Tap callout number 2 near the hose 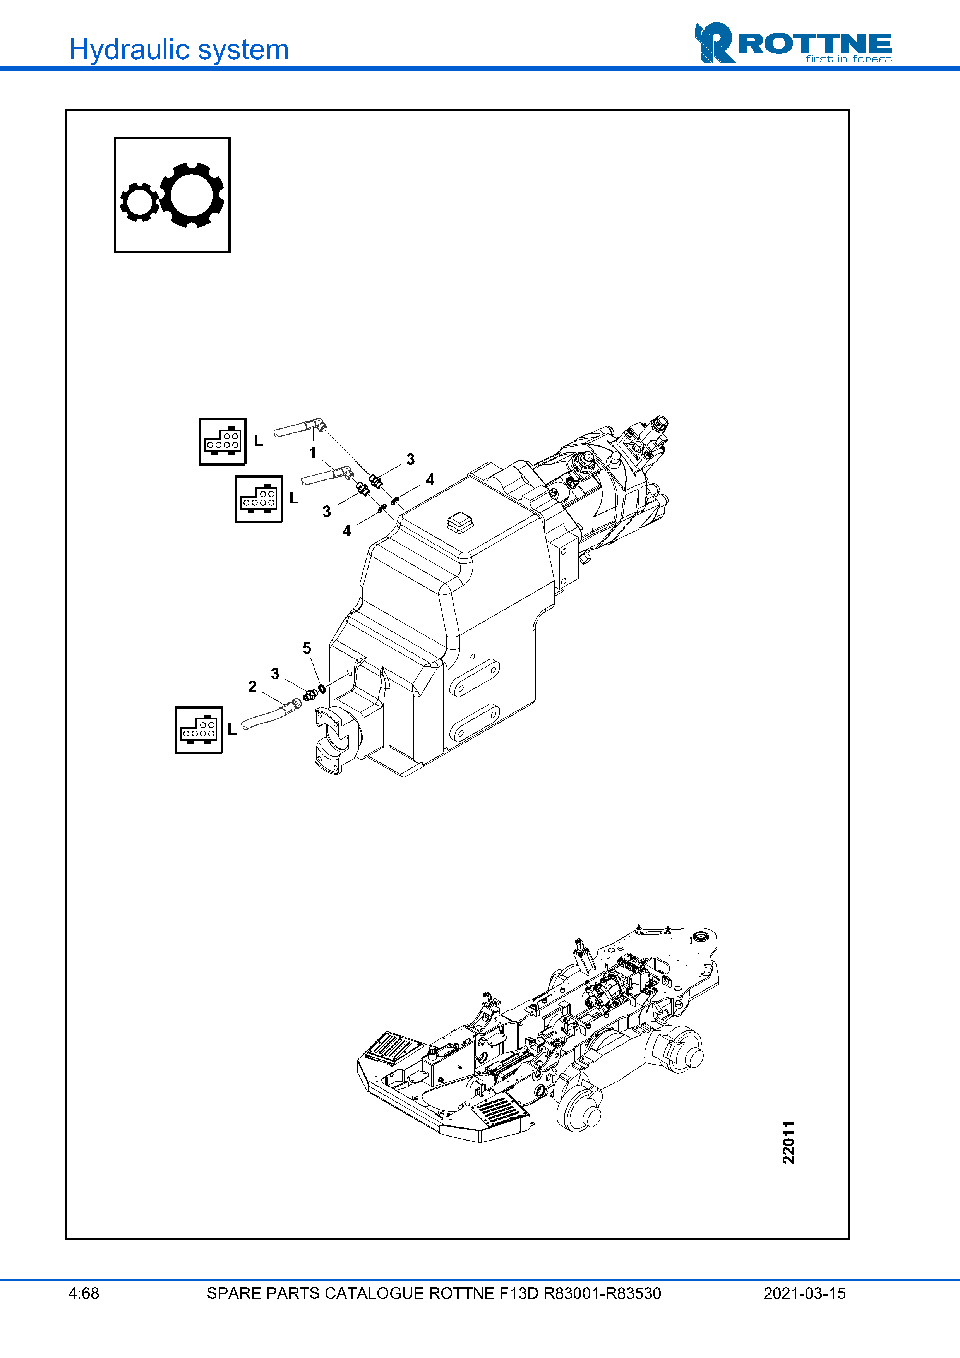[252, 687]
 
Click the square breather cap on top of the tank [459, 522]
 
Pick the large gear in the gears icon [192, 195]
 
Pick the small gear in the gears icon [140, 202]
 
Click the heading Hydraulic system [178, 50]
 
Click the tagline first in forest [848, 59]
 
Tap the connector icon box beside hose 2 [199, 730]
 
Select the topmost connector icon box [223, 441]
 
